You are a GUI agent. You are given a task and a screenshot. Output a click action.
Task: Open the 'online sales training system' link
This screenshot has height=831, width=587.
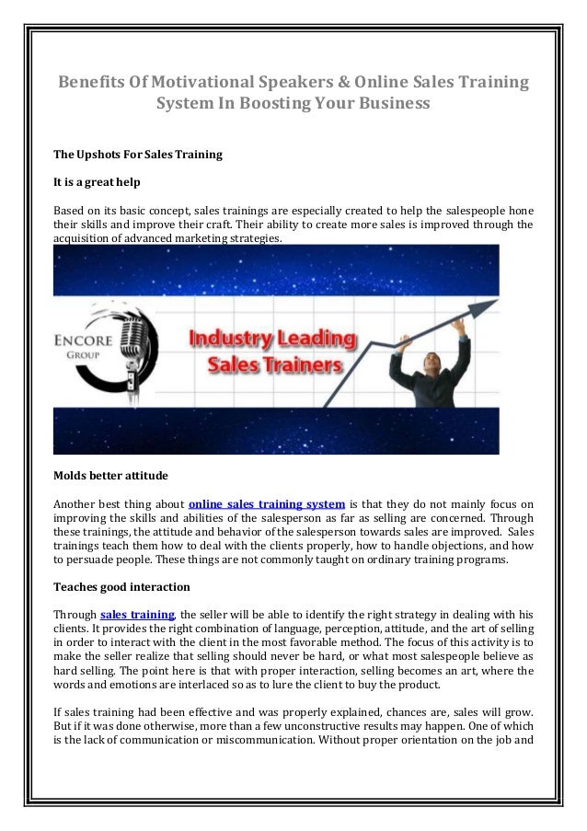pos(267,504)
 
